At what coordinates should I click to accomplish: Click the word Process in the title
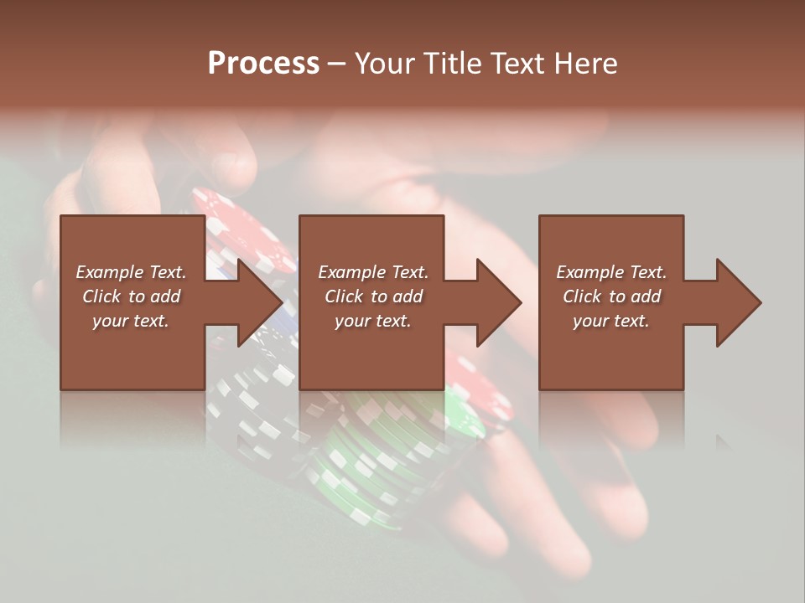coord(263,64)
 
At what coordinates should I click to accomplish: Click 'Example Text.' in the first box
coord(131,272)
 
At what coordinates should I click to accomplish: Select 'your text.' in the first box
coord(131,321)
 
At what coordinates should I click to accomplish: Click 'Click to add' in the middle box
coord(373,296)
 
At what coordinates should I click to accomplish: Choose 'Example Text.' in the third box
coord(611,272)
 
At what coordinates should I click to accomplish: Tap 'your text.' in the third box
coord(611,321)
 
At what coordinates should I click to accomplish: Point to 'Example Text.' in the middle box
coord(373,272)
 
